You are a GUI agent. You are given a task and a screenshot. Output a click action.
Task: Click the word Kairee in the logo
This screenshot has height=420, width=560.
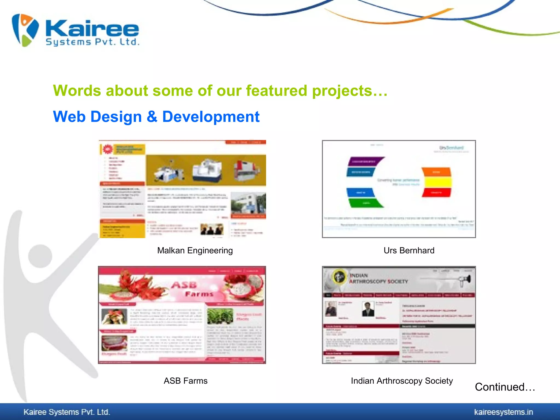coord(92,28)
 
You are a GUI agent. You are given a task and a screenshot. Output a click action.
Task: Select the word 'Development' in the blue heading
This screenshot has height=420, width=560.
coord(211,117)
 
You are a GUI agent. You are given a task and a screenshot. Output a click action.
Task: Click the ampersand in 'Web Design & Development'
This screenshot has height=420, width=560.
coord(152,117)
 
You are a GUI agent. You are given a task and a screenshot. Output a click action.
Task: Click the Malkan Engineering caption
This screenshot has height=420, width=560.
coord(195,250)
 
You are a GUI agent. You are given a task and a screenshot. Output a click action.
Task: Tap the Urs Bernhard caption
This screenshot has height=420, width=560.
coord(409,250)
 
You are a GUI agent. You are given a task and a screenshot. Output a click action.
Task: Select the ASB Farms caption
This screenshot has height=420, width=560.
coord(185,381)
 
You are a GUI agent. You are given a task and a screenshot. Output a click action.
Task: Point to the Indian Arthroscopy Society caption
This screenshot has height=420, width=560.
coord(402,381)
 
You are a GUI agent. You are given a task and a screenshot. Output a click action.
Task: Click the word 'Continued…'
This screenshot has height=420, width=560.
coord(505,387)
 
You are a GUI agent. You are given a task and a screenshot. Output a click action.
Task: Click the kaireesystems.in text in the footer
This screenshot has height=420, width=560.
coord(503,412)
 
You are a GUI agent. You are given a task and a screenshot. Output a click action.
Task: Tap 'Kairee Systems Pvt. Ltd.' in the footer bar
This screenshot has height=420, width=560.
coord(67,412)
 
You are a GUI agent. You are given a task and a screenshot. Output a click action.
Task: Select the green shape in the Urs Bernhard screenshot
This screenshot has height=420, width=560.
coord(366,203)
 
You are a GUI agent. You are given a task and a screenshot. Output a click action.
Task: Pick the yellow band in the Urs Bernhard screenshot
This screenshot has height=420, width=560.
coord(437,182)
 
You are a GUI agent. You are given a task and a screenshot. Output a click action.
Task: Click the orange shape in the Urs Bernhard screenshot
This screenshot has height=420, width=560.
coord(436,172)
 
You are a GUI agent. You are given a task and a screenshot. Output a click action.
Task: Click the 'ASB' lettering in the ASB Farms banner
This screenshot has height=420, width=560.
coord(184,285)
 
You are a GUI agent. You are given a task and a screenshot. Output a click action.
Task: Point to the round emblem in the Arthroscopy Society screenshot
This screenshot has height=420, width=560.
coord(339,276)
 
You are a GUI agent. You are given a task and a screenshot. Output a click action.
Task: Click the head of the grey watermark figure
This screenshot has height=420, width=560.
coord(40,256)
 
